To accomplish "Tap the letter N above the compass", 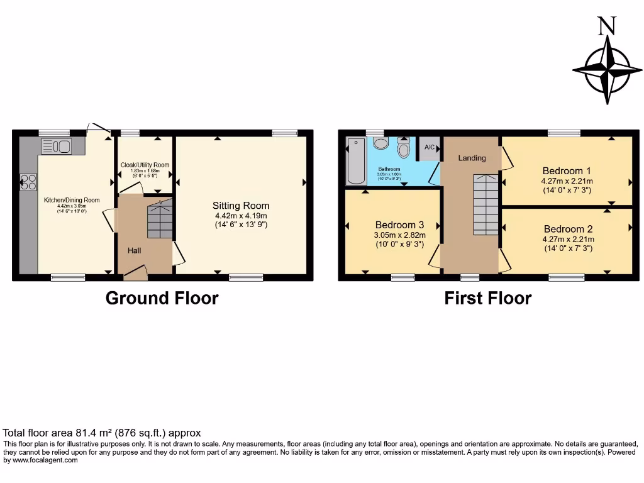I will (607, 26).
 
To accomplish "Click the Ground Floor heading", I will (162, 297).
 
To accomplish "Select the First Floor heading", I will (487, 297).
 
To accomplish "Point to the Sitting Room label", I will (241, 206).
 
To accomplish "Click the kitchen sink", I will (56, 147).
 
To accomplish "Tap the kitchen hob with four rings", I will (28, 182).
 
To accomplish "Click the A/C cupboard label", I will (430, 147).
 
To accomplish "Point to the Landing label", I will (472, 158).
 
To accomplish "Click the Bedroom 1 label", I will (567, 170).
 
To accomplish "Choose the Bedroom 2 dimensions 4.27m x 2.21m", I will (568, 240).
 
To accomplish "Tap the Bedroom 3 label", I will (399, 225).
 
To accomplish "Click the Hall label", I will (135, 250).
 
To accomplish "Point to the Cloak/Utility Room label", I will (145, 165).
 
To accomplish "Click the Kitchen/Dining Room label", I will (72, 200).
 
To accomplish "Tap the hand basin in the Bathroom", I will (381, 143).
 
